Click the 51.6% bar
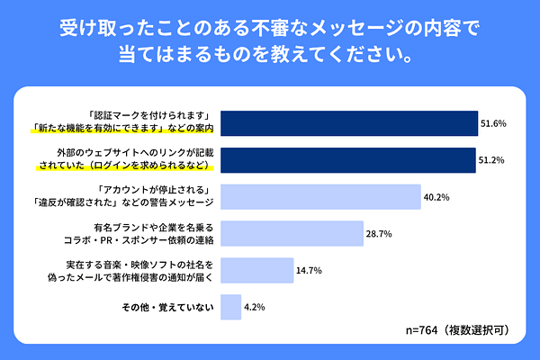(x=348, y=123)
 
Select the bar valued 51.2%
(x=347, y=160)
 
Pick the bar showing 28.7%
(x=292, y=234)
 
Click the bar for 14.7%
(x=256, y=271)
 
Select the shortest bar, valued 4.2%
(x=230, y=308)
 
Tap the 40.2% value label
(x=437, y=197)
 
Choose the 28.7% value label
(x=380, y=234)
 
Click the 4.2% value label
(x=255, y=308)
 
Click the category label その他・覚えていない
(x=167, y=308)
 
